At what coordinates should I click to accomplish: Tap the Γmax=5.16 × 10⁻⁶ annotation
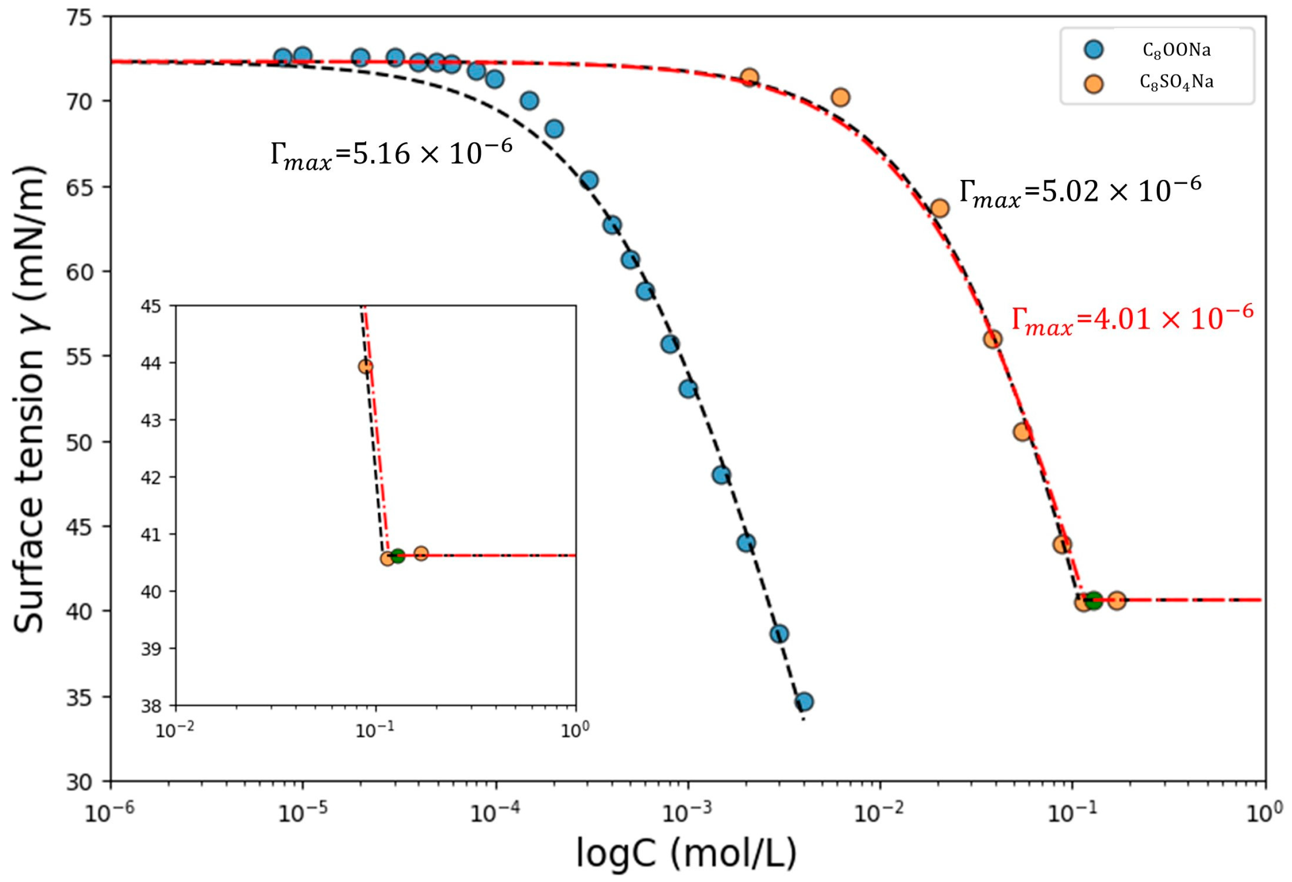(x=391, y=155)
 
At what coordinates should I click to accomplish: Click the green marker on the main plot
(x=1093, y=600)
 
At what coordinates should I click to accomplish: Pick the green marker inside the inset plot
(x=397, y=556)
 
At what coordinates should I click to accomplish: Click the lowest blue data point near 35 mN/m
(x=804, y=702)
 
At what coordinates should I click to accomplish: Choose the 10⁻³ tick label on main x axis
(x=688, y=811)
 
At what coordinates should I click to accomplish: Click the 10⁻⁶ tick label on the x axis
(x=110, y=811)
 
